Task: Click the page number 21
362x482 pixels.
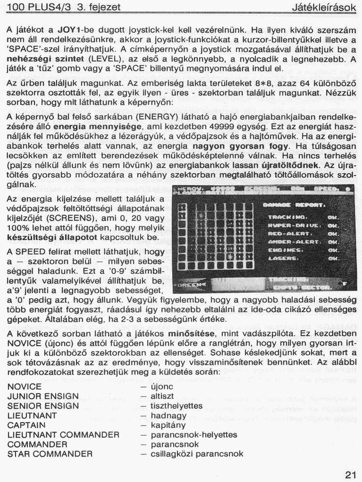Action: [x=350, y=475]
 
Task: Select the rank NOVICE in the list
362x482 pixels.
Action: [x=25, y=386]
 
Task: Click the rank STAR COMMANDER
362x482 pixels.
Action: [x=50, y=454]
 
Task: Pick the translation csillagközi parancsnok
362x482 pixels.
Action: [x=197, y=454]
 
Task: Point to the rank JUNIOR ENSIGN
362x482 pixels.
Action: [x=43, y=396]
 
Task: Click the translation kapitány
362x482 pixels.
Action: [x=168, y=425]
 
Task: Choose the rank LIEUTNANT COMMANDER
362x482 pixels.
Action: [x=64, y=435]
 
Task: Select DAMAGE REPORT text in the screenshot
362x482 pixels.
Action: [x=293, y=206]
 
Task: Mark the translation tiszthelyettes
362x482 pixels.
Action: [x=177, y=406]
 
